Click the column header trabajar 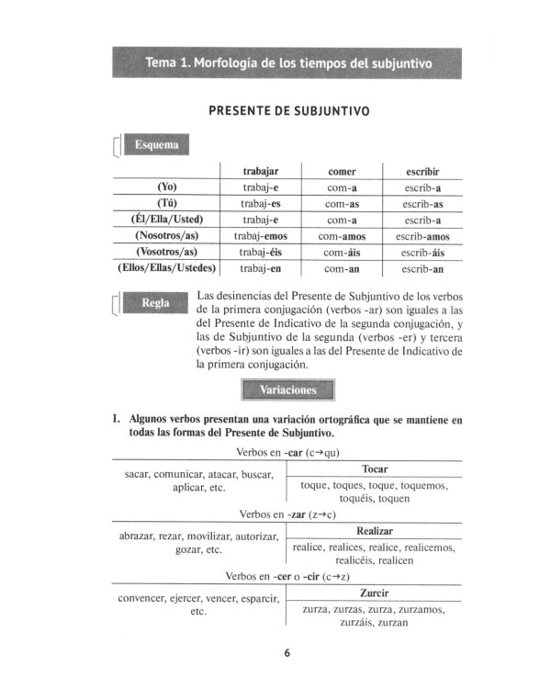tap(261, 171)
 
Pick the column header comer tap(342, 171)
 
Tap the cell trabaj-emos tap(261, 236)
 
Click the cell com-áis tap(342, 253)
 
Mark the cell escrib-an tap(423, 269)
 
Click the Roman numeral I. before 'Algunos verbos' tap(117, 419)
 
